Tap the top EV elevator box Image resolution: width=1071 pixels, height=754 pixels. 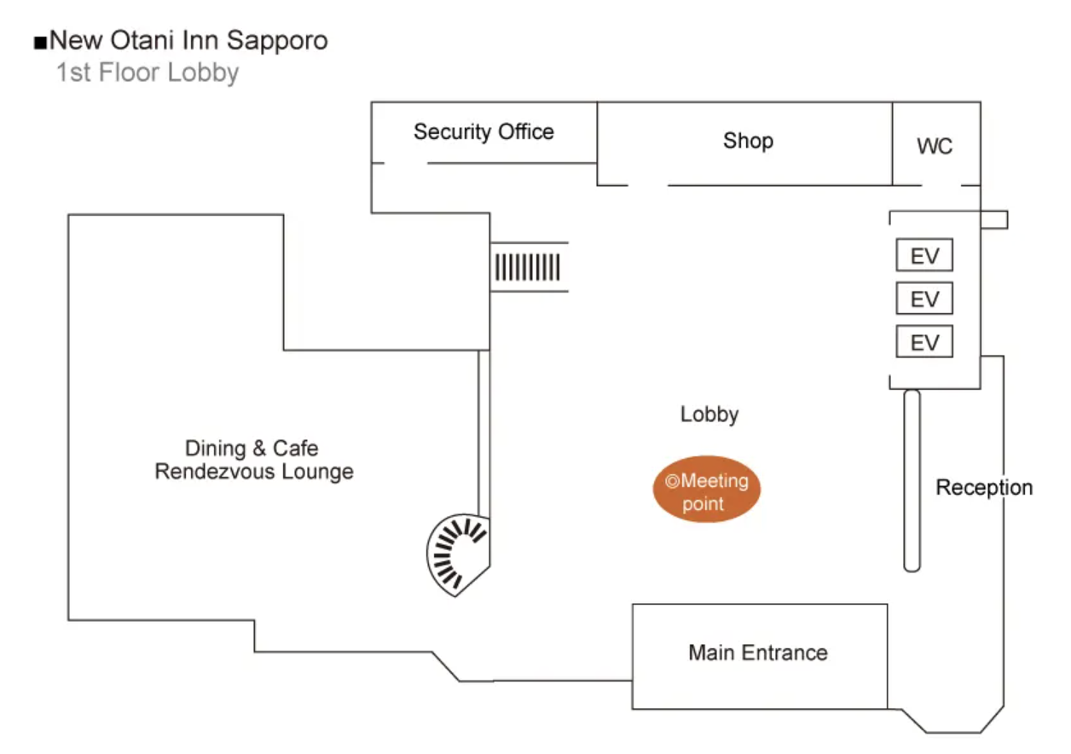pos(924,256)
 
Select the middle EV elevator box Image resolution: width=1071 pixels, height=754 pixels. pos(924,299)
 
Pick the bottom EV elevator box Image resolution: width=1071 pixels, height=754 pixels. pos(924,343)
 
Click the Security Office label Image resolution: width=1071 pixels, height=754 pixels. pos(483,132)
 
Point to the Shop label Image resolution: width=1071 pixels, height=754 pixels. pos(748,141)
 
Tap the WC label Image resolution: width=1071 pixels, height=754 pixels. pos(935,147)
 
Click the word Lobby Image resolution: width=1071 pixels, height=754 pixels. pos(709,415)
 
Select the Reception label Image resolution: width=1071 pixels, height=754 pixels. pos(984,488)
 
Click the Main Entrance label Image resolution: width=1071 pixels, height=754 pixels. pos(758,653)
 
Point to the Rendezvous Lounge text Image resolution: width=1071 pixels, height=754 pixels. pos(254,472)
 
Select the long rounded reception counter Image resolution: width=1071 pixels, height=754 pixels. pos(912,480)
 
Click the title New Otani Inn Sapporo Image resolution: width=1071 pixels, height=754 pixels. pos(188,40)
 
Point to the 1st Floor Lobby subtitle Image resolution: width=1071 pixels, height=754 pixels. pos(148,72)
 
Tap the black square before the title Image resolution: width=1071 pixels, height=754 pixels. pos(39,42)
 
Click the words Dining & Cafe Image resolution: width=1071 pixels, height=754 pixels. pos(252,449)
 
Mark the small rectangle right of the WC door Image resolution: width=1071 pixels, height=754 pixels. pos(994,219)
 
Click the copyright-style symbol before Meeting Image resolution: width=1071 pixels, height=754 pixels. pos(672,481)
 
